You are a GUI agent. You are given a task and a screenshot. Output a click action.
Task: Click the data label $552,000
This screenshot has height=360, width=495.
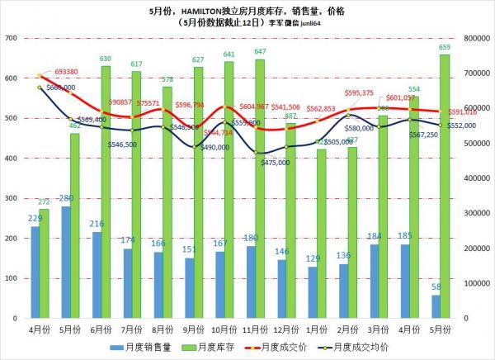463,126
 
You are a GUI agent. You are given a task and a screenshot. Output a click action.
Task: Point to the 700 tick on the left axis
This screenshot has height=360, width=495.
11,39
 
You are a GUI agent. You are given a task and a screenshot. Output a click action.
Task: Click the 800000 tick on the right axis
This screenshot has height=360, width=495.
479,39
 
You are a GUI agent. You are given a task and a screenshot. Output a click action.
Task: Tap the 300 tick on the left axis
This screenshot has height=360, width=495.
11,198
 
